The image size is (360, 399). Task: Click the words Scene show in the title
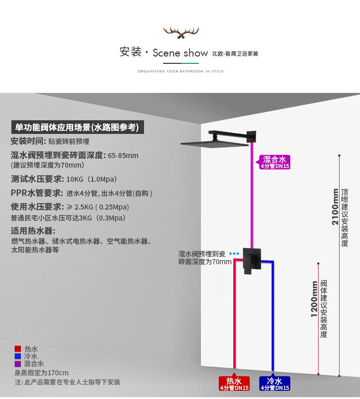point(180,53)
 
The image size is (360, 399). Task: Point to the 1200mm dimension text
point(314,299)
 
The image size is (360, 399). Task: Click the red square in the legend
point(18,349)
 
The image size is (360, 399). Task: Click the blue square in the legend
point(18,356)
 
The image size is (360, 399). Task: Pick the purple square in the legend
point(18,364)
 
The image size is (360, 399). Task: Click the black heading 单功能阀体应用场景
point(77,127)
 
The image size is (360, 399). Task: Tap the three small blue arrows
point(234,254)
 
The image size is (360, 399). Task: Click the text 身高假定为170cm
point(41,373)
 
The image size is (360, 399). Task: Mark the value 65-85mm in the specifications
point(123,156)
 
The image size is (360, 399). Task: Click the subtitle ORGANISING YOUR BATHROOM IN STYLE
point(180,72)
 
